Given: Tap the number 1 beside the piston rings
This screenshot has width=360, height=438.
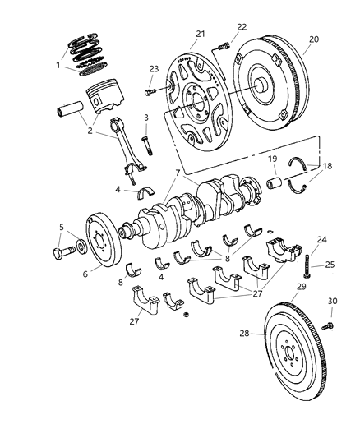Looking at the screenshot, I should coord(58,64).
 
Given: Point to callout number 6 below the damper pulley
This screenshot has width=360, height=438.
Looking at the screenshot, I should coord(85,274).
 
